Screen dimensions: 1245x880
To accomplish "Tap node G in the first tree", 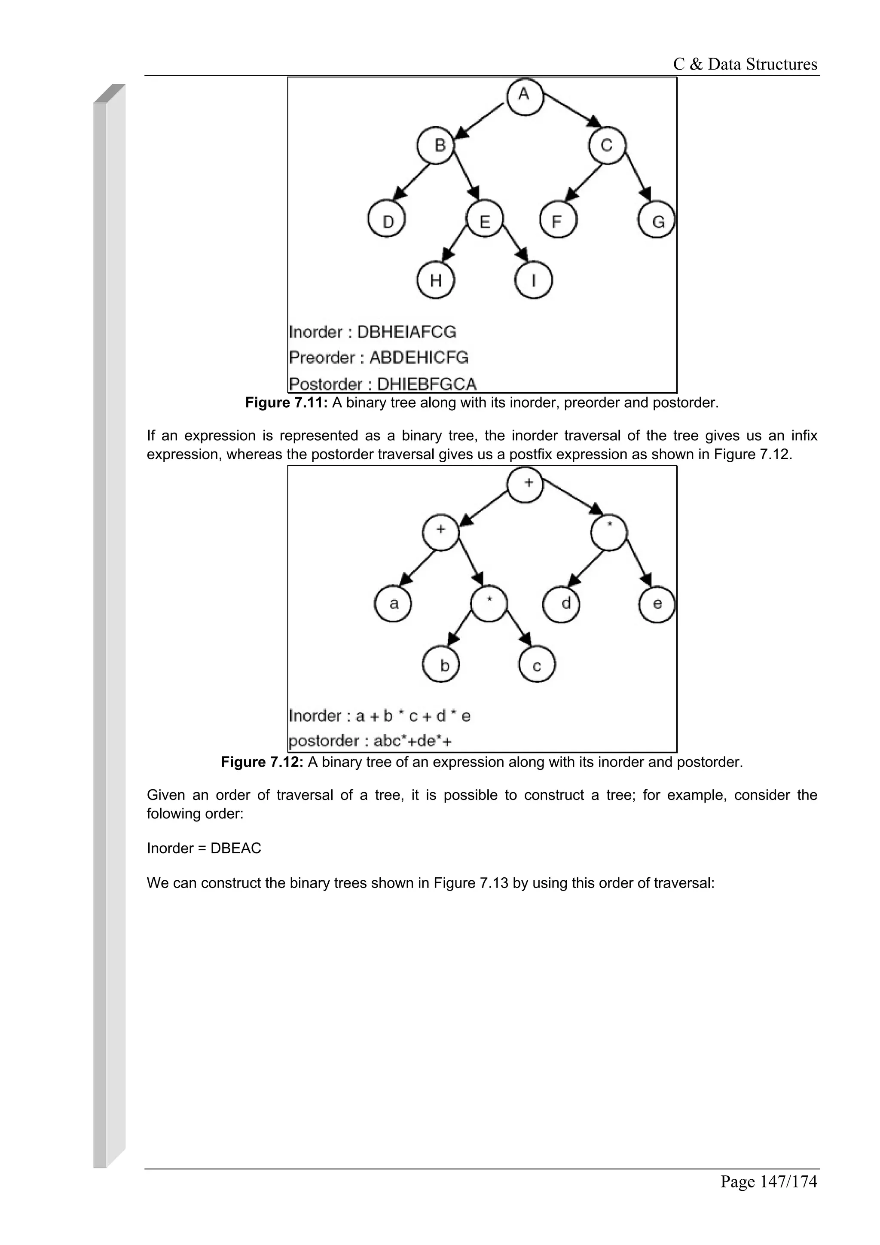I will tap(657, 221).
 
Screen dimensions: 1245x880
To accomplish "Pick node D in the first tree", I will tap(387, 221).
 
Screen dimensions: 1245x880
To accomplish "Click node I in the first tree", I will tap(534, 281).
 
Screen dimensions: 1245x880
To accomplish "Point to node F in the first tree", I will tap(557, 221).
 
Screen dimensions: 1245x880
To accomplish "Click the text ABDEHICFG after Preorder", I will tap(419, 358).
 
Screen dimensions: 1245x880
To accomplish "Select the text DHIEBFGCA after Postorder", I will tap(426, 384).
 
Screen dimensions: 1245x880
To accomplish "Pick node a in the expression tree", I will tap(393, 604).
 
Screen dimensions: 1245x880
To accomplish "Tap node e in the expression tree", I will tap(657, 604).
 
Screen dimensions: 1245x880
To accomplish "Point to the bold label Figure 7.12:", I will tap(262, 763).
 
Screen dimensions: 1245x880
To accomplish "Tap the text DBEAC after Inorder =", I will tap(236, 848).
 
